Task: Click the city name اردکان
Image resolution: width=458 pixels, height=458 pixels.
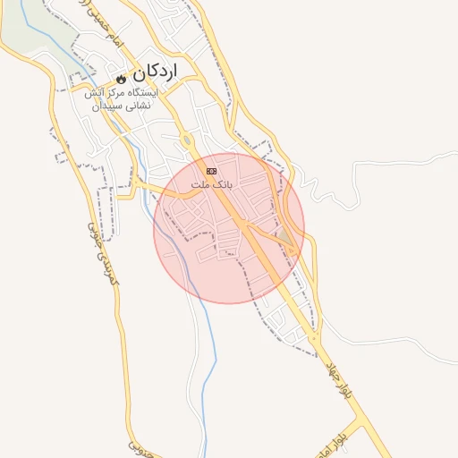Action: (x=157, y=71)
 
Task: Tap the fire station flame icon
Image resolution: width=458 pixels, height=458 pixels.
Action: (x=121, y=77)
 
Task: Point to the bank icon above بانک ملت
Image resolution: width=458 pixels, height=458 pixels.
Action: (x=211, y=170)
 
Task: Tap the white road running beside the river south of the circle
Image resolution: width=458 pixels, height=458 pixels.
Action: (x=193, y=358)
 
